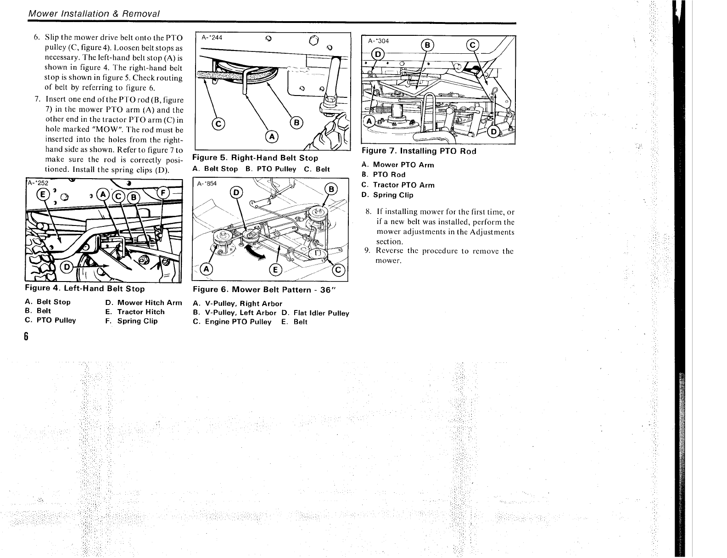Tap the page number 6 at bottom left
point(27,337)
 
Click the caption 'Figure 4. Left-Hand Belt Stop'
point(85,289)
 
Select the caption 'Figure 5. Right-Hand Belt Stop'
point(255,158)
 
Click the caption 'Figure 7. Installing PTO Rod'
point(419,151)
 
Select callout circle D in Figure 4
point(67,267)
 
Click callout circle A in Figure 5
point(272,137)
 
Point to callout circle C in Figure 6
point(339,270)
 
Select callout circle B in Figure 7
point(427,45)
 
